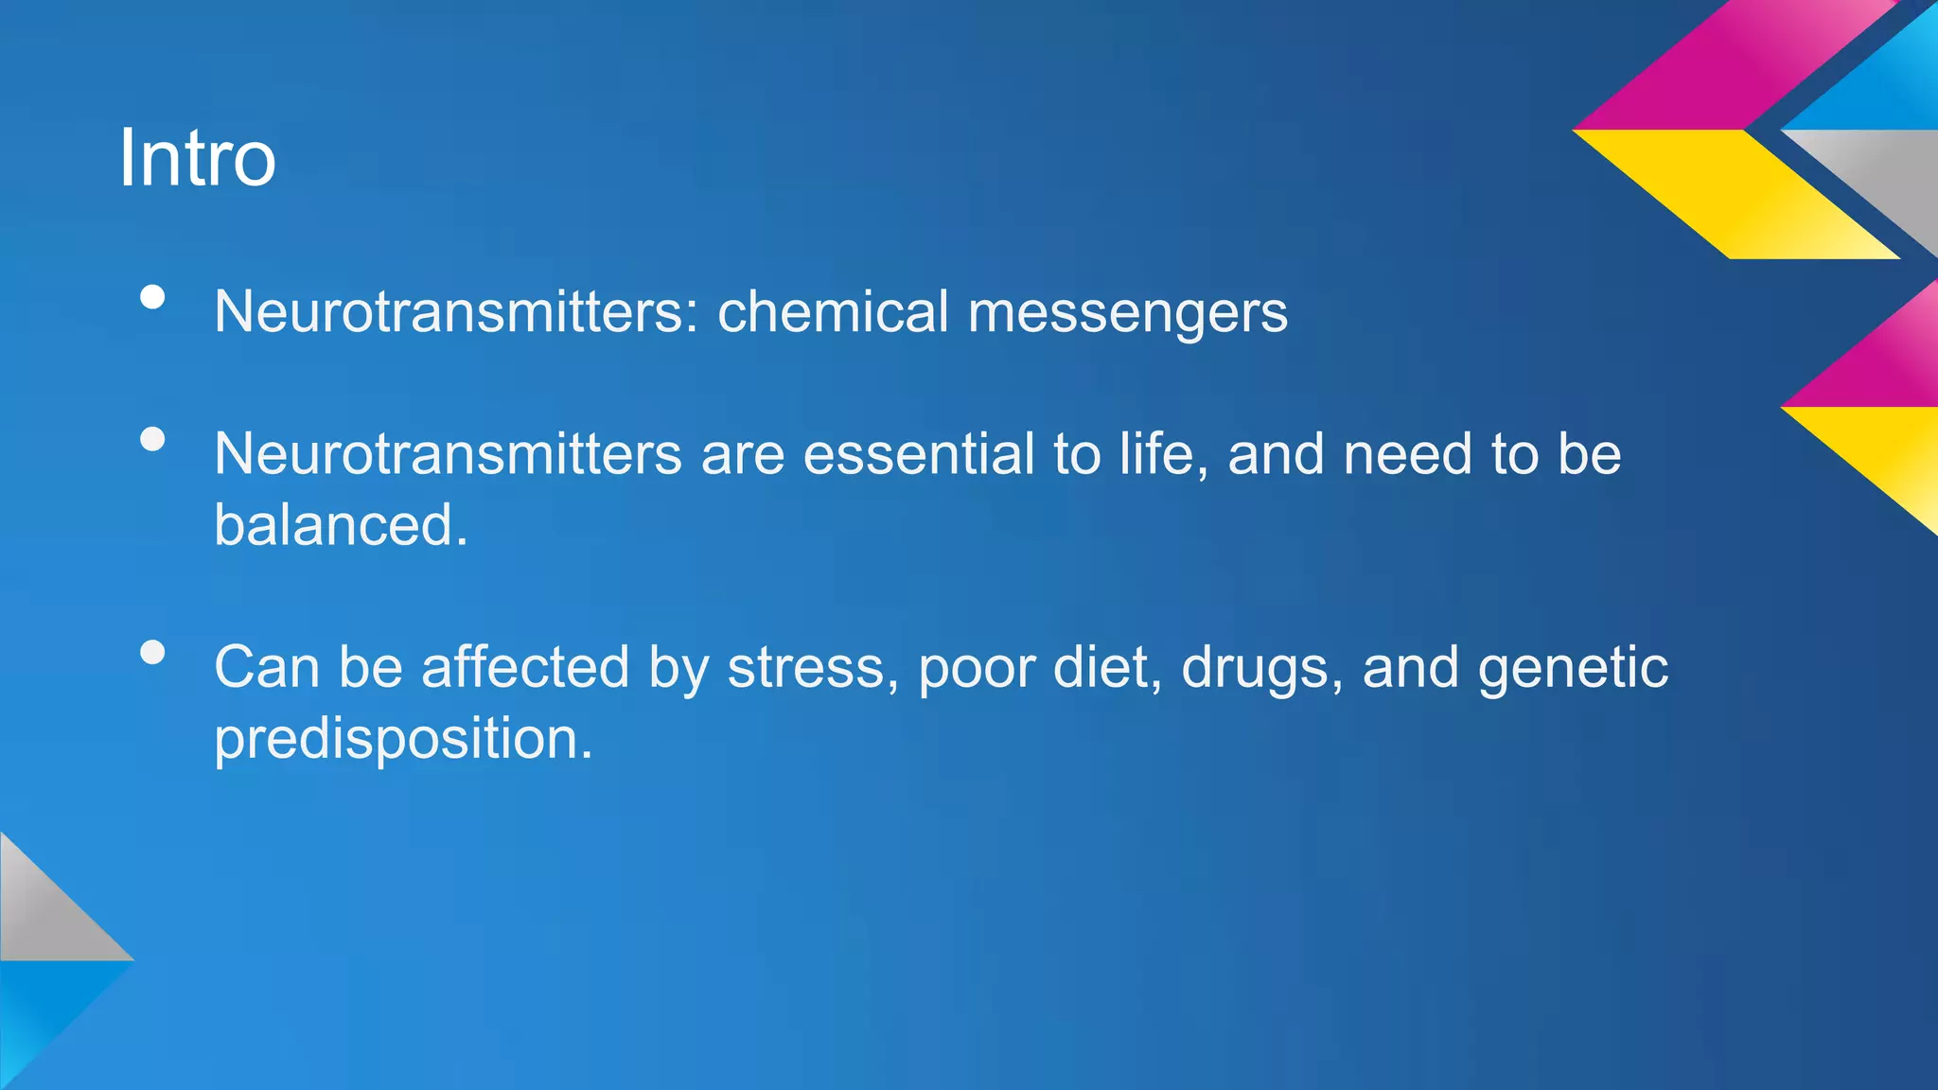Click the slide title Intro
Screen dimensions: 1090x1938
pyautogui.click(x=197, y=158)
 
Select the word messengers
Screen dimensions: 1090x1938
pyautogui.click(x=1127, y=313)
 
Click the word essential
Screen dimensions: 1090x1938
pyautogui.click(x=919, y=454)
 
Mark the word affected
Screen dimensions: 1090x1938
pyautogui.click(x=525, y=667)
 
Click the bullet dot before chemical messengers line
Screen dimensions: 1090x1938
pyautogui.click(x=152, y=297)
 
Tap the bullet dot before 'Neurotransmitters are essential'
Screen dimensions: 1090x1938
pyautogui.click(x=152, y=439)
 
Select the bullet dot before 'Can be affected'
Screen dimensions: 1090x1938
pyautogui.click(x=152, y=652)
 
